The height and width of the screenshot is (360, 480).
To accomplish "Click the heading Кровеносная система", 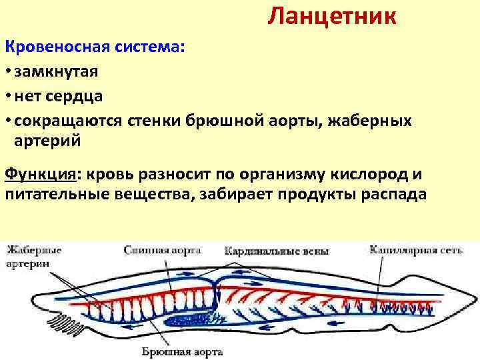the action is click(x=95, y=47).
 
